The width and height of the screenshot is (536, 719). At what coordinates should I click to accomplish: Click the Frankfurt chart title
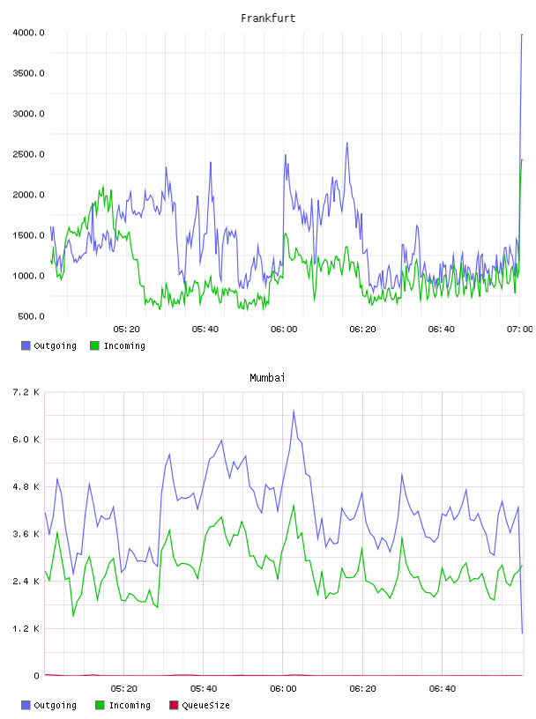268,19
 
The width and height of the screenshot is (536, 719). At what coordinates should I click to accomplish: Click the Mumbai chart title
267,378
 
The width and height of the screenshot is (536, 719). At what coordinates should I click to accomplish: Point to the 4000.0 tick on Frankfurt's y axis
28,33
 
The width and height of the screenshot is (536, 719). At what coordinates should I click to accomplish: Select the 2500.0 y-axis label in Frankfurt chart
28,154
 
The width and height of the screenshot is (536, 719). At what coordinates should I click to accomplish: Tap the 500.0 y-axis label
31,316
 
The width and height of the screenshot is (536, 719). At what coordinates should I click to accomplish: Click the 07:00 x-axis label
519,330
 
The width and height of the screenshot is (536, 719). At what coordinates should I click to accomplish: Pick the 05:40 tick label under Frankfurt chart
205,330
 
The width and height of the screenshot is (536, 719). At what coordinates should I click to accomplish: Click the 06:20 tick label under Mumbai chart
362,689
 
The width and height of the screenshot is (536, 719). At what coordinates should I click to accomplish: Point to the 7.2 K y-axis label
26,392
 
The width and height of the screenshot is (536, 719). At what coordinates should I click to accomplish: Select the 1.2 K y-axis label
26,628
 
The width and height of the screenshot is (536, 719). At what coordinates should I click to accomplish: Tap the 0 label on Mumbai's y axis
37,676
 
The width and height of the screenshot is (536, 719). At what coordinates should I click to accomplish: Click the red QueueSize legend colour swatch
174,705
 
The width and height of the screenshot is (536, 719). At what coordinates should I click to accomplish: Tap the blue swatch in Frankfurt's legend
26,345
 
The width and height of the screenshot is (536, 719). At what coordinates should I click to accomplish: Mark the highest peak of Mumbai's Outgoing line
294,411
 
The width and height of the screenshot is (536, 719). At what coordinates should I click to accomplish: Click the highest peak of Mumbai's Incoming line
294,505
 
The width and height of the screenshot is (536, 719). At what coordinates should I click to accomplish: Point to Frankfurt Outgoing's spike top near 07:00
522,34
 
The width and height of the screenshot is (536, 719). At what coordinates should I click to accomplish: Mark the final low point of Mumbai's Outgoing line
522,634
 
